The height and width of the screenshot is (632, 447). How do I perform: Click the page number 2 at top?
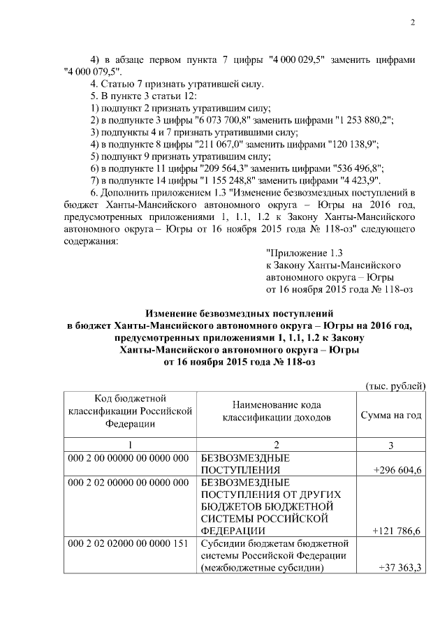pyautogui.click(x=412, y=23)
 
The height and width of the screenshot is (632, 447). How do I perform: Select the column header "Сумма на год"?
pyautogui.click(x=391, y=415)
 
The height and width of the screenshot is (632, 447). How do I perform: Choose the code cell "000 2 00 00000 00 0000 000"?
pyautogui.click(x=129, y=458)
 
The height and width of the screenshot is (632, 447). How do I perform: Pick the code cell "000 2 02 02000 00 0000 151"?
pyautogui.click(x=129, y=543)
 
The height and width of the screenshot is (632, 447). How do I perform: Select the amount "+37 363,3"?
pyautogui.click(x=400, y=567)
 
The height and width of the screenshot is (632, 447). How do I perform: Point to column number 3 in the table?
pyautogui.click(x=391, y=445)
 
